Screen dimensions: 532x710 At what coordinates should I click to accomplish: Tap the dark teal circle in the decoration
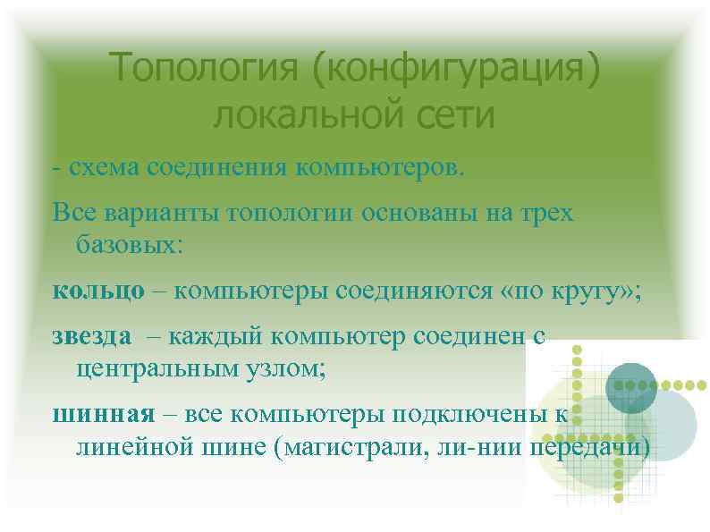[x=630, y=385]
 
